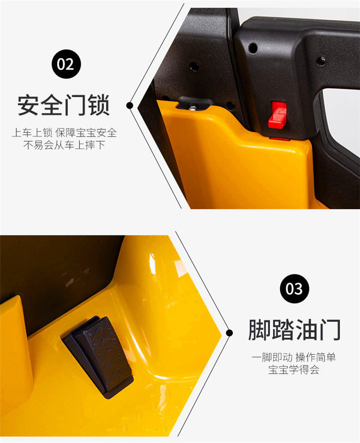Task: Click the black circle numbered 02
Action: (x=66, y=64)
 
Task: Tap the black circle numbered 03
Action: (x=295, y=288)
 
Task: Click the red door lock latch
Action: (x=278, y=115)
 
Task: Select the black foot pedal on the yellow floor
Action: (x=98, y=356)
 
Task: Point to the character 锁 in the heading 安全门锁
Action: (x=99, y=105)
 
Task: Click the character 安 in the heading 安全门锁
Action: (x=28, y=105)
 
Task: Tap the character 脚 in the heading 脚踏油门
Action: (x=260, y=330)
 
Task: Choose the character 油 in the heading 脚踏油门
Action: (x=306, y=330)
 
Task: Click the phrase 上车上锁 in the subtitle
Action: (x=32, y=133)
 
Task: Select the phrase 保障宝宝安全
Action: (x=86, y=133)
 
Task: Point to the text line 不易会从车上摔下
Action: (x=64, y=145)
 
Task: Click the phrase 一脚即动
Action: (x=272, y=357)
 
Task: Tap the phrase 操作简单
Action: (x=316, y=357)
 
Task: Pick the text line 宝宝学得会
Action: (x=294, y=370)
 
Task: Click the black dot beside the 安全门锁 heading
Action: (x=130, y=105)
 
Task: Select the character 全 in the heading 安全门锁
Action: (x=52, y=105)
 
